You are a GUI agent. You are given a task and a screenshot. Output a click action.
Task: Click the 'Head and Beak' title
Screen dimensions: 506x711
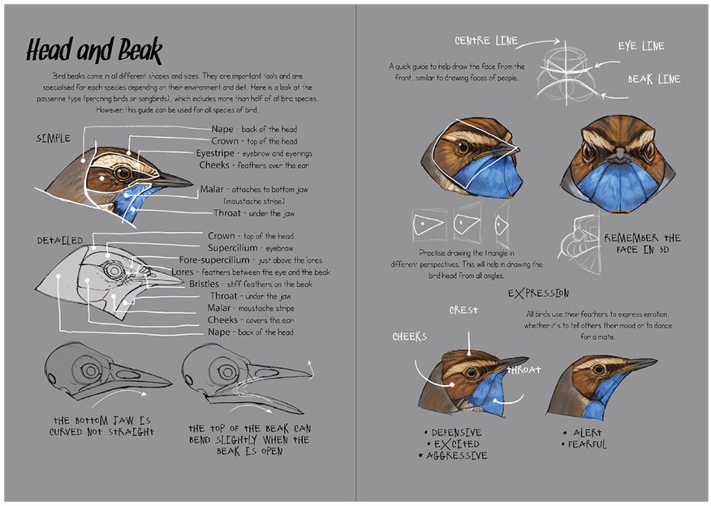click(94, 50)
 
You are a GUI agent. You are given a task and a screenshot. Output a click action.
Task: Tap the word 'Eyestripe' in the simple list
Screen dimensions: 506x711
click(215, 153)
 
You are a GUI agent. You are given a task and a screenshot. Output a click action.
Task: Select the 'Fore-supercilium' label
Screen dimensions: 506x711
click(214, 260)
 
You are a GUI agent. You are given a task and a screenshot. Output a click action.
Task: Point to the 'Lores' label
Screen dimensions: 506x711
click(182, 272)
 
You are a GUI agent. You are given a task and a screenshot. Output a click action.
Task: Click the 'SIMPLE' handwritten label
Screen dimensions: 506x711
click(53, 138)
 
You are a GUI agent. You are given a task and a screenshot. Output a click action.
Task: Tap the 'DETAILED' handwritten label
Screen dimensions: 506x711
click(59, 241)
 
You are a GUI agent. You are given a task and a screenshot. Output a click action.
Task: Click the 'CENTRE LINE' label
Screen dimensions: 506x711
click(486, 41)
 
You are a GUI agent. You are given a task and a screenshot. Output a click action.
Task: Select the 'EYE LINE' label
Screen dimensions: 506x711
click(641, 47)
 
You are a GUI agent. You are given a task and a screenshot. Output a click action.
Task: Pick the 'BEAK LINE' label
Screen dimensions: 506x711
click(654, 80)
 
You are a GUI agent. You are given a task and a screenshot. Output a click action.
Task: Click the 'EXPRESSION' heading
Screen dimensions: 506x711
click(538, 293)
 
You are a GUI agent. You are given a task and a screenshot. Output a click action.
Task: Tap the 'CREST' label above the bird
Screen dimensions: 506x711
click(463, 310)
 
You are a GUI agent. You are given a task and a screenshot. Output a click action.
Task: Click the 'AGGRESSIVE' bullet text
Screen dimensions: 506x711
click(456, 456)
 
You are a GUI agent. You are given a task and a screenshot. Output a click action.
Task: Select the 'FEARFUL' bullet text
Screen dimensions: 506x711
click(586, 444)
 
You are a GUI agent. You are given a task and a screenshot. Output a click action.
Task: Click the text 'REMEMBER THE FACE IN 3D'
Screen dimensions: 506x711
click(642, 244)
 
